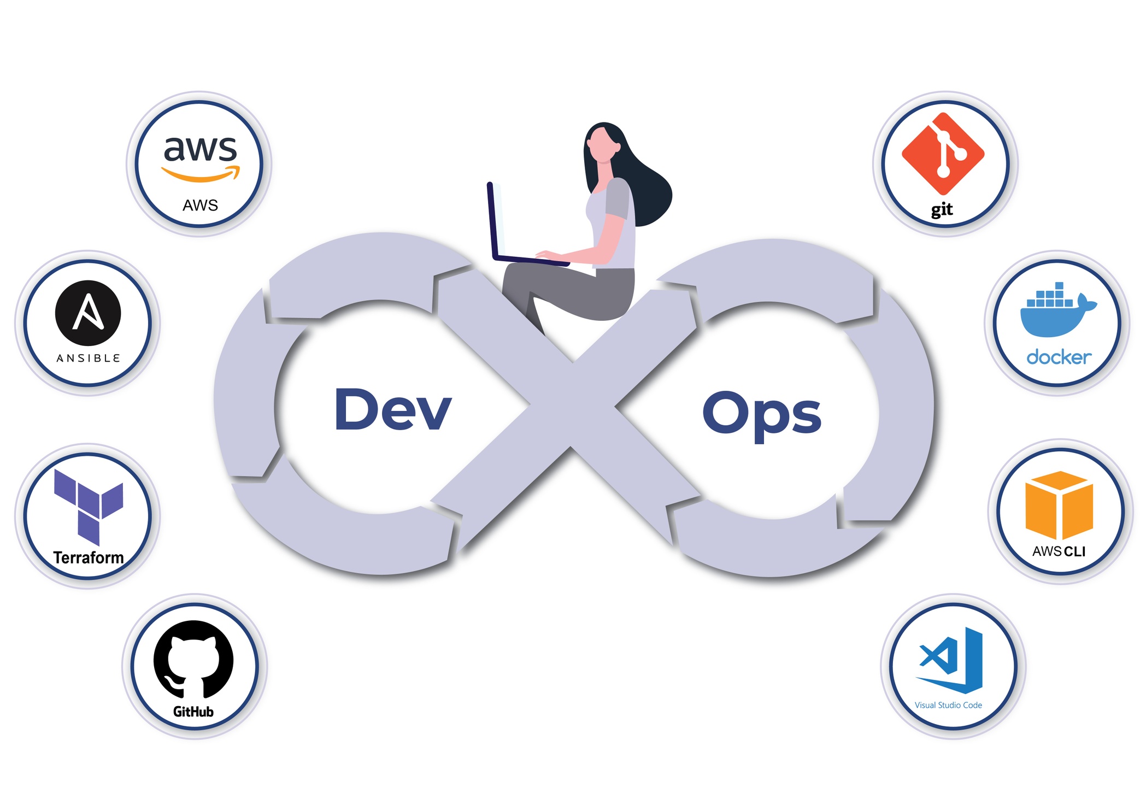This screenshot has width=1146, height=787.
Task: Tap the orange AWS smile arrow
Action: coord(201,174)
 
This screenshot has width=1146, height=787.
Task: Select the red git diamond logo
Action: coord(943,154)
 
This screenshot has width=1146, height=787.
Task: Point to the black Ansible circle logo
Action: coord(88,313)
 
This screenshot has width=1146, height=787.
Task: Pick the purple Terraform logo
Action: coord(88,506)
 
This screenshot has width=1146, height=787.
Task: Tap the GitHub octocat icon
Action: coord(193,659)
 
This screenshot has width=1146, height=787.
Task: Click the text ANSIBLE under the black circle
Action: coord(88,359)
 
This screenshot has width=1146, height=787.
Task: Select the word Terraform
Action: coord(89,557)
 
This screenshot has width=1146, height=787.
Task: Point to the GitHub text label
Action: coord(193,712)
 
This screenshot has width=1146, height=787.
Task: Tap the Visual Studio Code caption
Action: coord(948,705)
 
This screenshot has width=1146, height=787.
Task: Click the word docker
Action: coord(1059,357)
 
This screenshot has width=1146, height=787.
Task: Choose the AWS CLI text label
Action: coord(1059,551)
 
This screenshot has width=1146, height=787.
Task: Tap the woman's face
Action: coord(601,145)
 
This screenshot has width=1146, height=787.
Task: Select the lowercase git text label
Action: coord(942,209)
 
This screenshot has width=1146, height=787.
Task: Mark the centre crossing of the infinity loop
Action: coord(572,404)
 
